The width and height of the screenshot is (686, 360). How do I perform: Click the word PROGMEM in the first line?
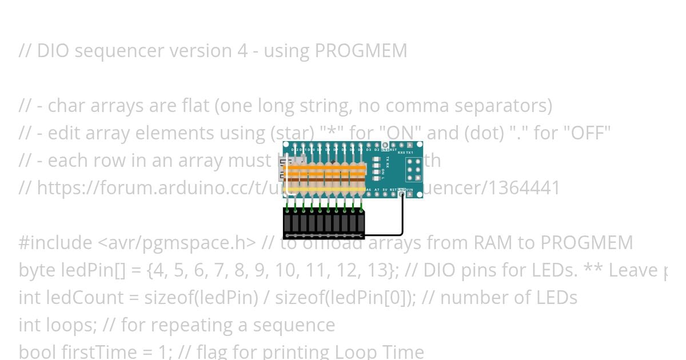click(361, 51)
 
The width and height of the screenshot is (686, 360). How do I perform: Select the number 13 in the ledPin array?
click(381, 270)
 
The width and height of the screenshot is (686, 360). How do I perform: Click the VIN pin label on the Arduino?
click(410, 189)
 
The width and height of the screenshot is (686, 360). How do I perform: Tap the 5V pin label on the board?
click(385, 189)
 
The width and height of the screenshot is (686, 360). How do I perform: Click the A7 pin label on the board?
click(377, 189)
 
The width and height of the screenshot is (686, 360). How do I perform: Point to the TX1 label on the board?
click(409, 153)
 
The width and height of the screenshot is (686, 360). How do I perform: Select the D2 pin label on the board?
click(377, 150)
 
